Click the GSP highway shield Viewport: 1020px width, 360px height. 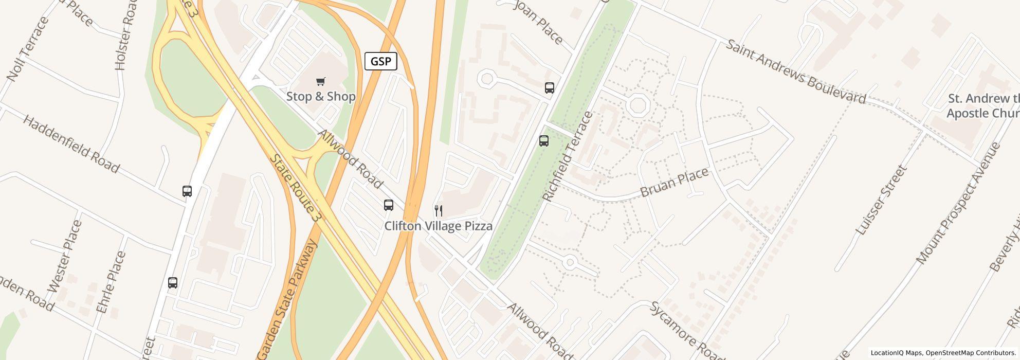pyautogui.click(x=380, y=62)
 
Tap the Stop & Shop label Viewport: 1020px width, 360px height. pyautogui.click(x=321, y=97)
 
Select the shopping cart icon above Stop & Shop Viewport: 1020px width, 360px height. pyautogui.click(x=321, y=81)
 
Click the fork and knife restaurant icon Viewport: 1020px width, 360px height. pyautogui.click(x=439, y=210)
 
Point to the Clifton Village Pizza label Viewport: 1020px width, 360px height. pyautogui.click(x=439, y=226)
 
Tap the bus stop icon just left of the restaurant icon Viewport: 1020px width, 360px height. pyautogui.click(x=389, y=205)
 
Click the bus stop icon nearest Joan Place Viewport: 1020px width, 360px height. pyautogui.click(x=549, y=87)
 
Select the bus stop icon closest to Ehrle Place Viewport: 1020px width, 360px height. pyautogui.click(x=173, y=282)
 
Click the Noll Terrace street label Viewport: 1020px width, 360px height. pyautogui.click(x=28, y=49)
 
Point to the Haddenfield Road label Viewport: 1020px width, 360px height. pyautogui.click(x=71, y=145)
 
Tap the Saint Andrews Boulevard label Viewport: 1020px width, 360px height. pyautogui.click(x=795, y=71)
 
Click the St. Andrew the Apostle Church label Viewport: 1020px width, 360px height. pyautogui.click(x=982, y=106)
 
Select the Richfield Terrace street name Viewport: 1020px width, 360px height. pyautogui.click(x=568, y=156)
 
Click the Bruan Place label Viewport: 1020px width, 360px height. pyautogui.click(x=674, y=182)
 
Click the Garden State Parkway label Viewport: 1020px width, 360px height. pyautogui.click(x=288, y=299)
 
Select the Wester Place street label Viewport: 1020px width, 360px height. pyautogui.click(x=65, y=256)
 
